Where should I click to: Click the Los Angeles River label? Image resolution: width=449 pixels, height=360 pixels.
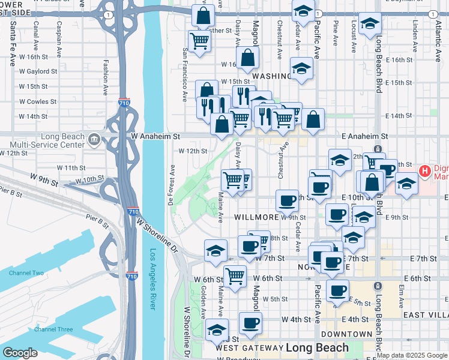click(x=153, y=279)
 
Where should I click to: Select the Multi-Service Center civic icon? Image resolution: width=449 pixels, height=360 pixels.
click(x=94, y=140)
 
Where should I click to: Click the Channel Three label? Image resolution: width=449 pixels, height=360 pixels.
click(x=53, y=329)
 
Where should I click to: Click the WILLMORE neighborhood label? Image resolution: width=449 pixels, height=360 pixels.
click(x=256, y=217)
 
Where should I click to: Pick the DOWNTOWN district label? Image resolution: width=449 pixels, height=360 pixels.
click(x=346, y=334)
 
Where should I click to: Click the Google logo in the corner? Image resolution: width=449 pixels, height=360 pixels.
click(x=20, y=353)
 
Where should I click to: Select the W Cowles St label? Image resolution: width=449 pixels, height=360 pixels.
click(x=37, y=101)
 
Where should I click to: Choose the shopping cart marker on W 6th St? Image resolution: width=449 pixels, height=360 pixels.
click(x=234, y=276)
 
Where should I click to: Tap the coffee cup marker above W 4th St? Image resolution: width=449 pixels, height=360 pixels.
click(x=250, y=322)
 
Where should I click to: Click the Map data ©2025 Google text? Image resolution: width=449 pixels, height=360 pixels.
click(x=411, y=355)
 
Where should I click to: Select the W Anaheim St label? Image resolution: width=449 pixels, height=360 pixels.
click(x=156, y=137)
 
